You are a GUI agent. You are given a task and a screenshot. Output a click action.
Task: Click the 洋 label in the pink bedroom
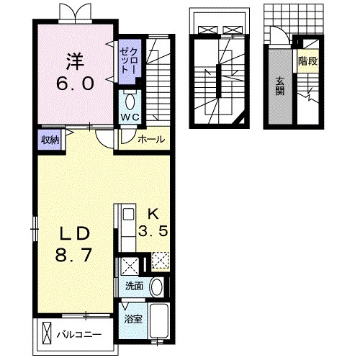75,62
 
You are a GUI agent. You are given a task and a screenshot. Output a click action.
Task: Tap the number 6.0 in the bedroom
75,84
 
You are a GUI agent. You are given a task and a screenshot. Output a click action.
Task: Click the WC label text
130,117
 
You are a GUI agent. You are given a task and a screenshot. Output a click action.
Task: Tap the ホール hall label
151,139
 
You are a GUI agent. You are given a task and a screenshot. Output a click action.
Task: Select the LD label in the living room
74,234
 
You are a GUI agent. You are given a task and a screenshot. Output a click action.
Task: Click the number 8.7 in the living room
73,255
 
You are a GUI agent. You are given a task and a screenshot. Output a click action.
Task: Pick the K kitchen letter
153,214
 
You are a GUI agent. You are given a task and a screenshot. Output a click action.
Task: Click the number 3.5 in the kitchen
153,231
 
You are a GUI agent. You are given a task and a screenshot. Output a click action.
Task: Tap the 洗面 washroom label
135,286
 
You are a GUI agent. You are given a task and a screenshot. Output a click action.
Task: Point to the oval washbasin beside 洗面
156,287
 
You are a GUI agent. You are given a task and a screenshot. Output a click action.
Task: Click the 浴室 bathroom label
133,319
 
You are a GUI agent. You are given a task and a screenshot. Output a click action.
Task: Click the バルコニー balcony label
79,334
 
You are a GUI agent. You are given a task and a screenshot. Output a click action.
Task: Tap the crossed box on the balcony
47,333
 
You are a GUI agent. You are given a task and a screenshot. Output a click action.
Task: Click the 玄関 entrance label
280,86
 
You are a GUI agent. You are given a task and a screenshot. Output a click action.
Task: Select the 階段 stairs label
308,61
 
